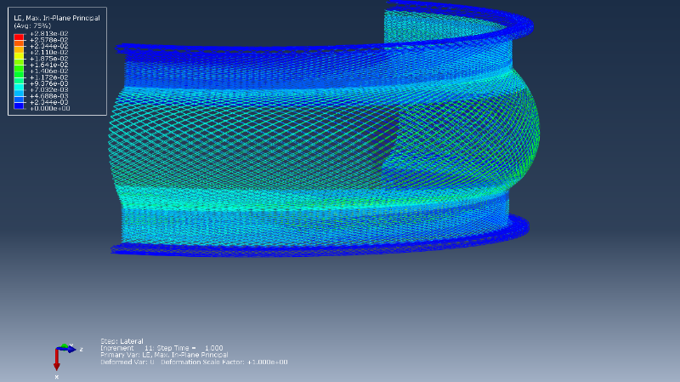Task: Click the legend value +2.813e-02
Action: click(x=49, y=33)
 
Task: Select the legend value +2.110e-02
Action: click(x=49, y=52)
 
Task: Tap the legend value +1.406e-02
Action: click(x=49, y=71)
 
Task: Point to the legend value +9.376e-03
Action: click(x=49, y=83)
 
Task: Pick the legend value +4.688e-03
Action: click(x=49, y=96)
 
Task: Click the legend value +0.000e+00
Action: click(x=49, y=109)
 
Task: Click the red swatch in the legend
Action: click(x=19, y=37)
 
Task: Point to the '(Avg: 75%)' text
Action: click(x=31, y=26)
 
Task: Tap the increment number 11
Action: click(x=148, y=348)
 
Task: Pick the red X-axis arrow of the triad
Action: click(x=57, y=361)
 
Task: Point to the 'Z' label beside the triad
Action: click(x=81, y=349)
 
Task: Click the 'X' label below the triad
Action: click(x=57, y=375)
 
